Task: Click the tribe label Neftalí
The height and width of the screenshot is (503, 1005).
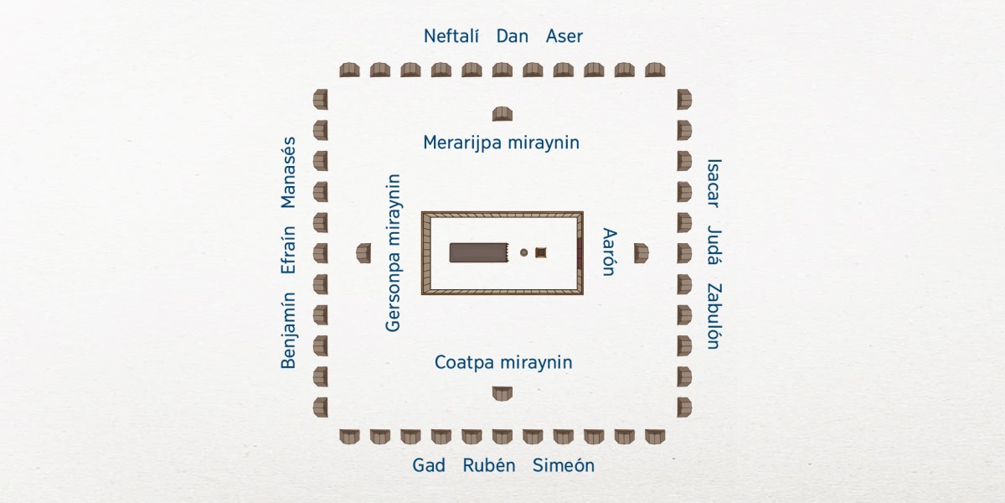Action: [452, 36]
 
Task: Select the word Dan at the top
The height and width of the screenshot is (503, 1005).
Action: [512, 36]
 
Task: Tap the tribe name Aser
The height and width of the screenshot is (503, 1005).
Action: [564, 36]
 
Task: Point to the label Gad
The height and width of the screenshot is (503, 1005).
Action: [429, 465]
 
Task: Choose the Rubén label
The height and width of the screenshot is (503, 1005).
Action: [489, 465]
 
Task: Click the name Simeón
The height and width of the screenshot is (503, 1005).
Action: [564, 465]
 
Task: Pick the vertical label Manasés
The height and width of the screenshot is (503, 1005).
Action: [289, 172]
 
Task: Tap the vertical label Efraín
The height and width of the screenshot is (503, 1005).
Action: [289, 250]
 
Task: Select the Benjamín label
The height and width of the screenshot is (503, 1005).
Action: [289, 330]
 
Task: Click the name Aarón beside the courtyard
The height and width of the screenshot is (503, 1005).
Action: [609, 251]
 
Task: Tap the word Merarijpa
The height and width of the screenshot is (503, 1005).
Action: [463, 143]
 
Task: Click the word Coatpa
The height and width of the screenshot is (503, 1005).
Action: [465, 362]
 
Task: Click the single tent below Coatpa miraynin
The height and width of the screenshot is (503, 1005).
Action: [502, 392]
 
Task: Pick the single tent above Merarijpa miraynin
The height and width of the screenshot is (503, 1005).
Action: [502, 114]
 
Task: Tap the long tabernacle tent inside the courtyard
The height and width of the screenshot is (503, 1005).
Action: [479, 252]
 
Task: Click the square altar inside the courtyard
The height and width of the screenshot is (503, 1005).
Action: [541, 252]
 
